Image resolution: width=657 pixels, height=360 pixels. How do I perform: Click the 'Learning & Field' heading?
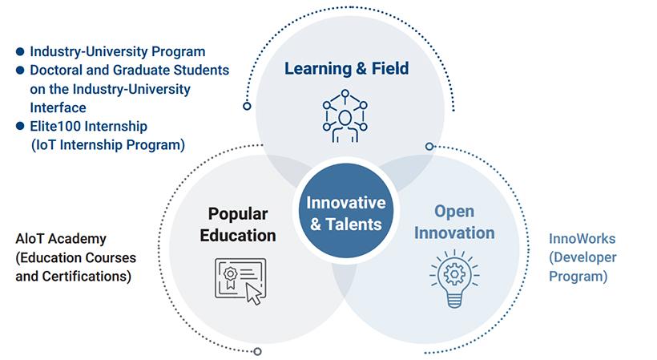point(346,68)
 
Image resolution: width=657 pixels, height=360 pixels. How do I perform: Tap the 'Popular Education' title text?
point(238,224)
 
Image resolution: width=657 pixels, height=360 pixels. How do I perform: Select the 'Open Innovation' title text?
point(454,222)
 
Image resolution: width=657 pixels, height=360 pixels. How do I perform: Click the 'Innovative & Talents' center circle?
point(345,211)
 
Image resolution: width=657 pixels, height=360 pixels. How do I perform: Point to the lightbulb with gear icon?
point(454,279)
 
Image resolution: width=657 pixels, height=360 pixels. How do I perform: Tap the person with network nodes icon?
point(345,115)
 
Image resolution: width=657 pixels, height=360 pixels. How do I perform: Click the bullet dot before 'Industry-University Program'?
point(20,51)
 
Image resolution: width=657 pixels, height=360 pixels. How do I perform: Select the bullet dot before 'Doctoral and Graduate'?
point(20,70)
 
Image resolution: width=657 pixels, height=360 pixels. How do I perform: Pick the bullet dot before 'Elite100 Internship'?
point(20,126)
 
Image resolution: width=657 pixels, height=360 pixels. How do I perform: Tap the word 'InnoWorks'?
point(582,239)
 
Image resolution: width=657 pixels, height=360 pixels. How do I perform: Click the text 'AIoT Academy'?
point(61,239)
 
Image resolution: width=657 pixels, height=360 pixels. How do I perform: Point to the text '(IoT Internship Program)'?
point(108,145)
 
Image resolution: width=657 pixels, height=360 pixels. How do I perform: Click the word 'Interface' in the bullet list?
point(58,107)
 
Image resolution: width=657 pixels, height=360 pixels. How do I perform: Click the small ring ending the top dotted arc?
point(248,106)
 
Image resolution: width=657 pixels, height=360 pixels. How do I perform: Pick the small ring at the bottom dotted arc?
point(258,351)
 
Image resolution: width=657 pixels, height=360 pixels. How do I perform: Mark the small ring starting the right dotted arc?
point(429,146)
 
